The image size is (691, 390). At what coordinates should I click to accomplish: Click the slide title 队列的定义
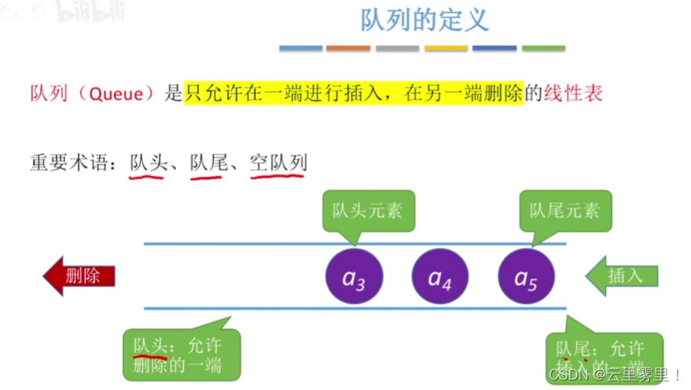[x=425, y=20]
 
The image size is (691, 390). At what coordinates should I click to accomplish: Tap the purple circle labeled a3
[x=354, y=276]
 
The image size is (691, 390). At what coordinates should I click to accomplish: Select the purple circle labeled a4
[x=440, y=276]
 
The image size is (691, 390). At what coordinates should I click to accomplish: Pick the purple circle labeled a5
[x=526, y=276]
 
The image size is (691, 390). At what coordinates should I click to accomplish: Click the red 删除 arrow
[x=79, y=276]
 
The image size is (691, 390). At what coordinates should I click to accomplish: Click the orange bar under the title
[x=348, y=49]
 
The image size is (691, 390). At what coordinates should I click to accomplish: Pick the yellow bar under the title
[x=446, y=49]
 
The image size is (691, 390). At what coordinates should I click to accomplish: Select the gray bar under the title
[x=397, y=49]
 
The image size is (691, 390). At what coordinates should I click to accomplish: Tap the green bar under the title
[x=543, y=49]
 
